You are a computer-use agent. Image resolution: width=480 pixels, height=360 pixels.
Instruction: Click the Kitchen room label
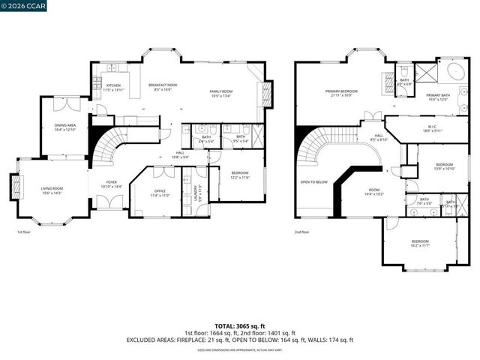tap(113, 85)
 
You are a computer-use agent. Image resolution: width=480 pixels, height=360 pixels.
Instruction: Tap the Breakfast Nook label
tap(163, 85)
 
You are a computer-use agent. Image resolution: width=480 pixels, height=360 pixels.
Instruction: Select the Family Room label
tap(226, 91)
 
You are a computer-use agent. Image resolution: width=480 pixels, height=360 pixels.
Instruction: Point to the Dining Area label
tap(64, 125)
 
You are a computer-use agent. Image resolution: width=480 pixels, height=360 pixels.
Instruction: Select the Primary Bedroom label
tap(341, 91)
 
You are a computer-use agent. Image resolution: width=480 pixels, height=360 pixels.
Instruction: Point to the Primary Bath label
tap(438, 95)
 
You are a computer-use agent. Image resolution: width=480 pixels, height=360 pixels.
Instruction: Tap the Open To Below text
tap(314, 182)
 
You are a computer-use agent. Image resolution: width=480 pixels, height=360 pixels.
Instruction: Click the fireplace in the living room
tap(13, 185)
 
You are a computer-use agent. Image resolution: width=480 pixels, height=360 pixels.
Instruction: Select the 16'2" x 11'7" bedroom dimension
tap(420, 245)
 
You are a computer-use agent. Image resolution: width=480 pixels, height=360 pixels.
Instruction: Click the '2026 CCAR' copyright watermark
tap(21, 7)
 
